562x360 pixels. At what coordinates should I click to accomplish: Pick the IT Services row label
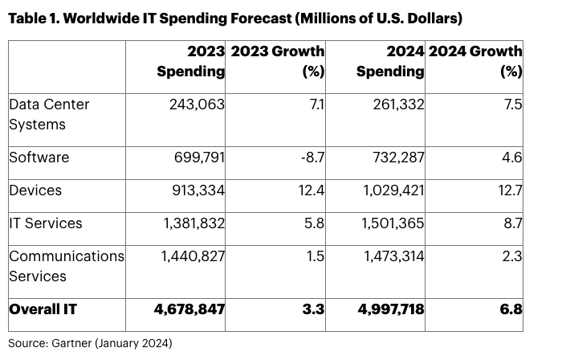tap(45, 223)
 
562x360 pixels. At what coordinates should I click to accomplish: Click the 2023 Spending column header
tap(190, 61)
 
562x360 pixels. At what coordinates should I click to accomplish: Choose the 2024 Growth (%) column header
tap(476, 61)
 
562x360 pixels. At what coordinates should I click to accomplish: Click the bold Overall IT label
tap(43, 309)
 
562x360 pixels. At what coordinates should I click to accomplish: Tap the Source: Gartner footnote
tap(90, 343)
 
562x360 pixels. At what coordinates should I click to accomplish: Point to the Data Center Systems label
tap(49, 114)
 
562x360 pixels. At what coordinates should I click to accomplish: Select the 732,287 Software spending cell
tap(394, 157)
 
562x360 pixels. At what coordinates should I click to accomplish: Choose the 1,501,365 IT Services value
tap(389, 223)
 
